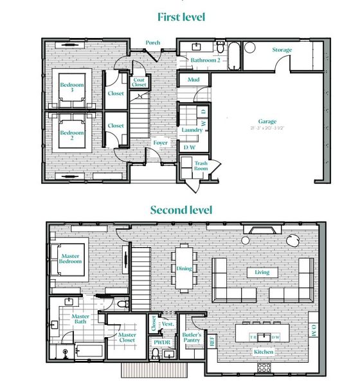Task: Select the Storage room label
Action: (282, 50)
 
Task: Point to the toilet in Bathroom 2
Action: (220, 48)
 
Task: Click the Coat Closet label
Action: (139, 82)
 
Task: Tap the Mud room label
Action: (192, 80)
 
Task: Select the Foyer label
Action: (160, 143)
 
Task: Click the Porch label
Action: (152, 43)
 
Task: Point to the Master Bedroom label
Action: (71, 259)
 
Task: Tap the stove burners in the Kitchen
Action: (264, 367)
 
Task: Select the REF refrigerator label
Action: (213, 342)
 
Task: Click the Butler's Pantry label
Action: (192, 339)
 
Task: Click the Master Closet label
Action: (127, 338)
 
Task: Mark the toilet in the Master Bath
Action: (124, 303)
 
